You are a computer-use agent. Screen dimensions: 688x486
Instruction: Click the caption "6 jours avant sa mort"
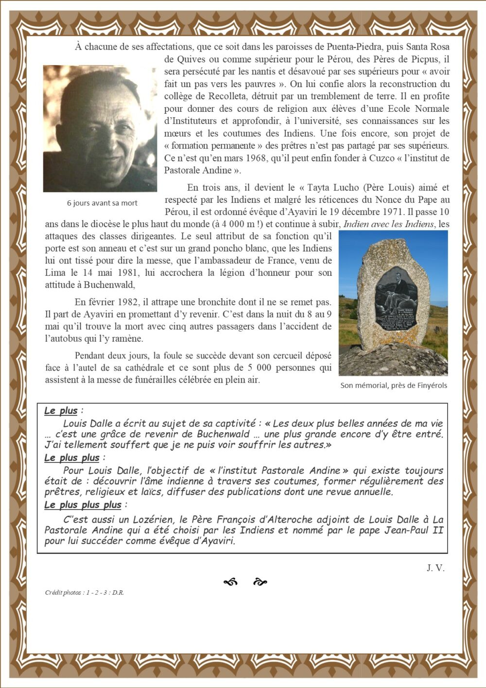click(x=102, y=203)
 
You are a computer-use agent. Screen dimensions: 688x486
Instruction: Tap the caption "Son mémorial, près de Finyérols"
click(x=394, y=386)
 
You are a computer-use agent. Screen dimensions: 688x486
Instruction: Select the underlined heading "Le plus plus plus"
click(x=83, y=505)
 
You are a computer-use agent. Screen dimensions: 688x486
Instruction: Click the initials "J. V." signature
click(x=435, y=568)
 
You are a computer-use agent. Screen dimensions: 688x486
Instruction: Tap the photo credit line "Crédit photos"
click(x=84, y=593)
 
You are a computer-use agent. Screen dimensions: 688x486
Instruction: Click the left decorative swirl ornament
click(x=230, y=582)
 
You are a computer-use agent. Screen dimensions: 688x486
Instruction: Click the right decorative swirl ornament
click(x=260, y=582)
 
